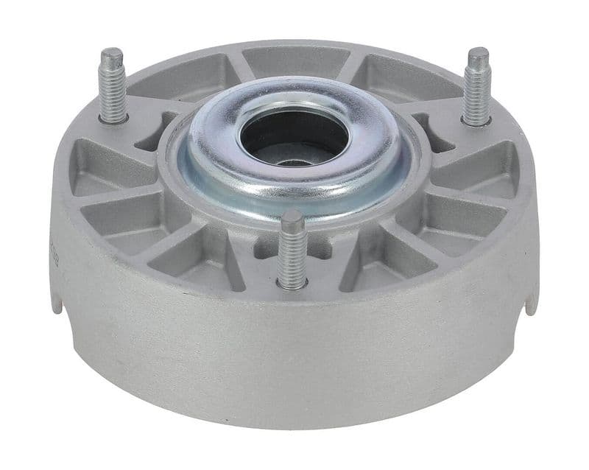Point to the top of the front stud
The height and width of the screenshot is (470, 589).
[x=292, y=217]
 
